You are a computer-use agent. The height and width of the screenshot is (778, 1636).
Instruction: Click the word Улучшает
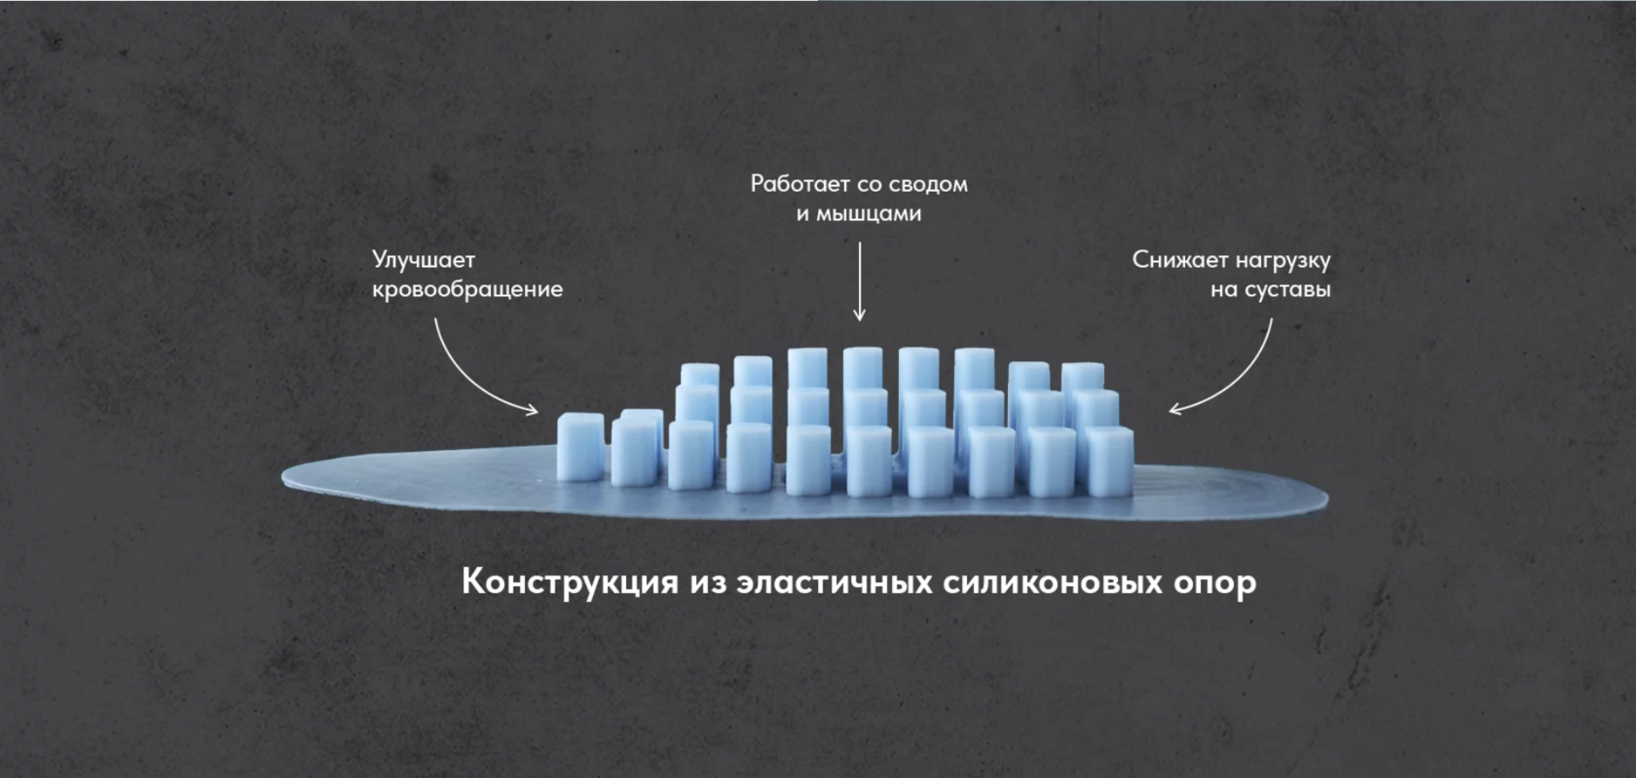pos(424,261)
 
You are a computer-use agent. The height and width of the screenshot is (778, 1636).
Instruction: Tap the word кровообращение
pos(467,290)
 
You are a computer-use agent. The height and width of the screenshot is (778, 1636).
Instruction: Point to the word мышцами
pos(869,214)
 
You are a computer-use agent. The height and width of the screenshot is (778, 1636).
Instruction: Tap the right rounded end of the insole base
pos(1320,500)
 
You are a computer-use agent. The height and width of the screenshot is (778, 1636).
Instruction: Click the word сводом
pos(928,184)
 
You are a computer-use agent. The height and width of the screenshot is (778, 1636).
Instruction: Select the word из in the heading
pos(708,582)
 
